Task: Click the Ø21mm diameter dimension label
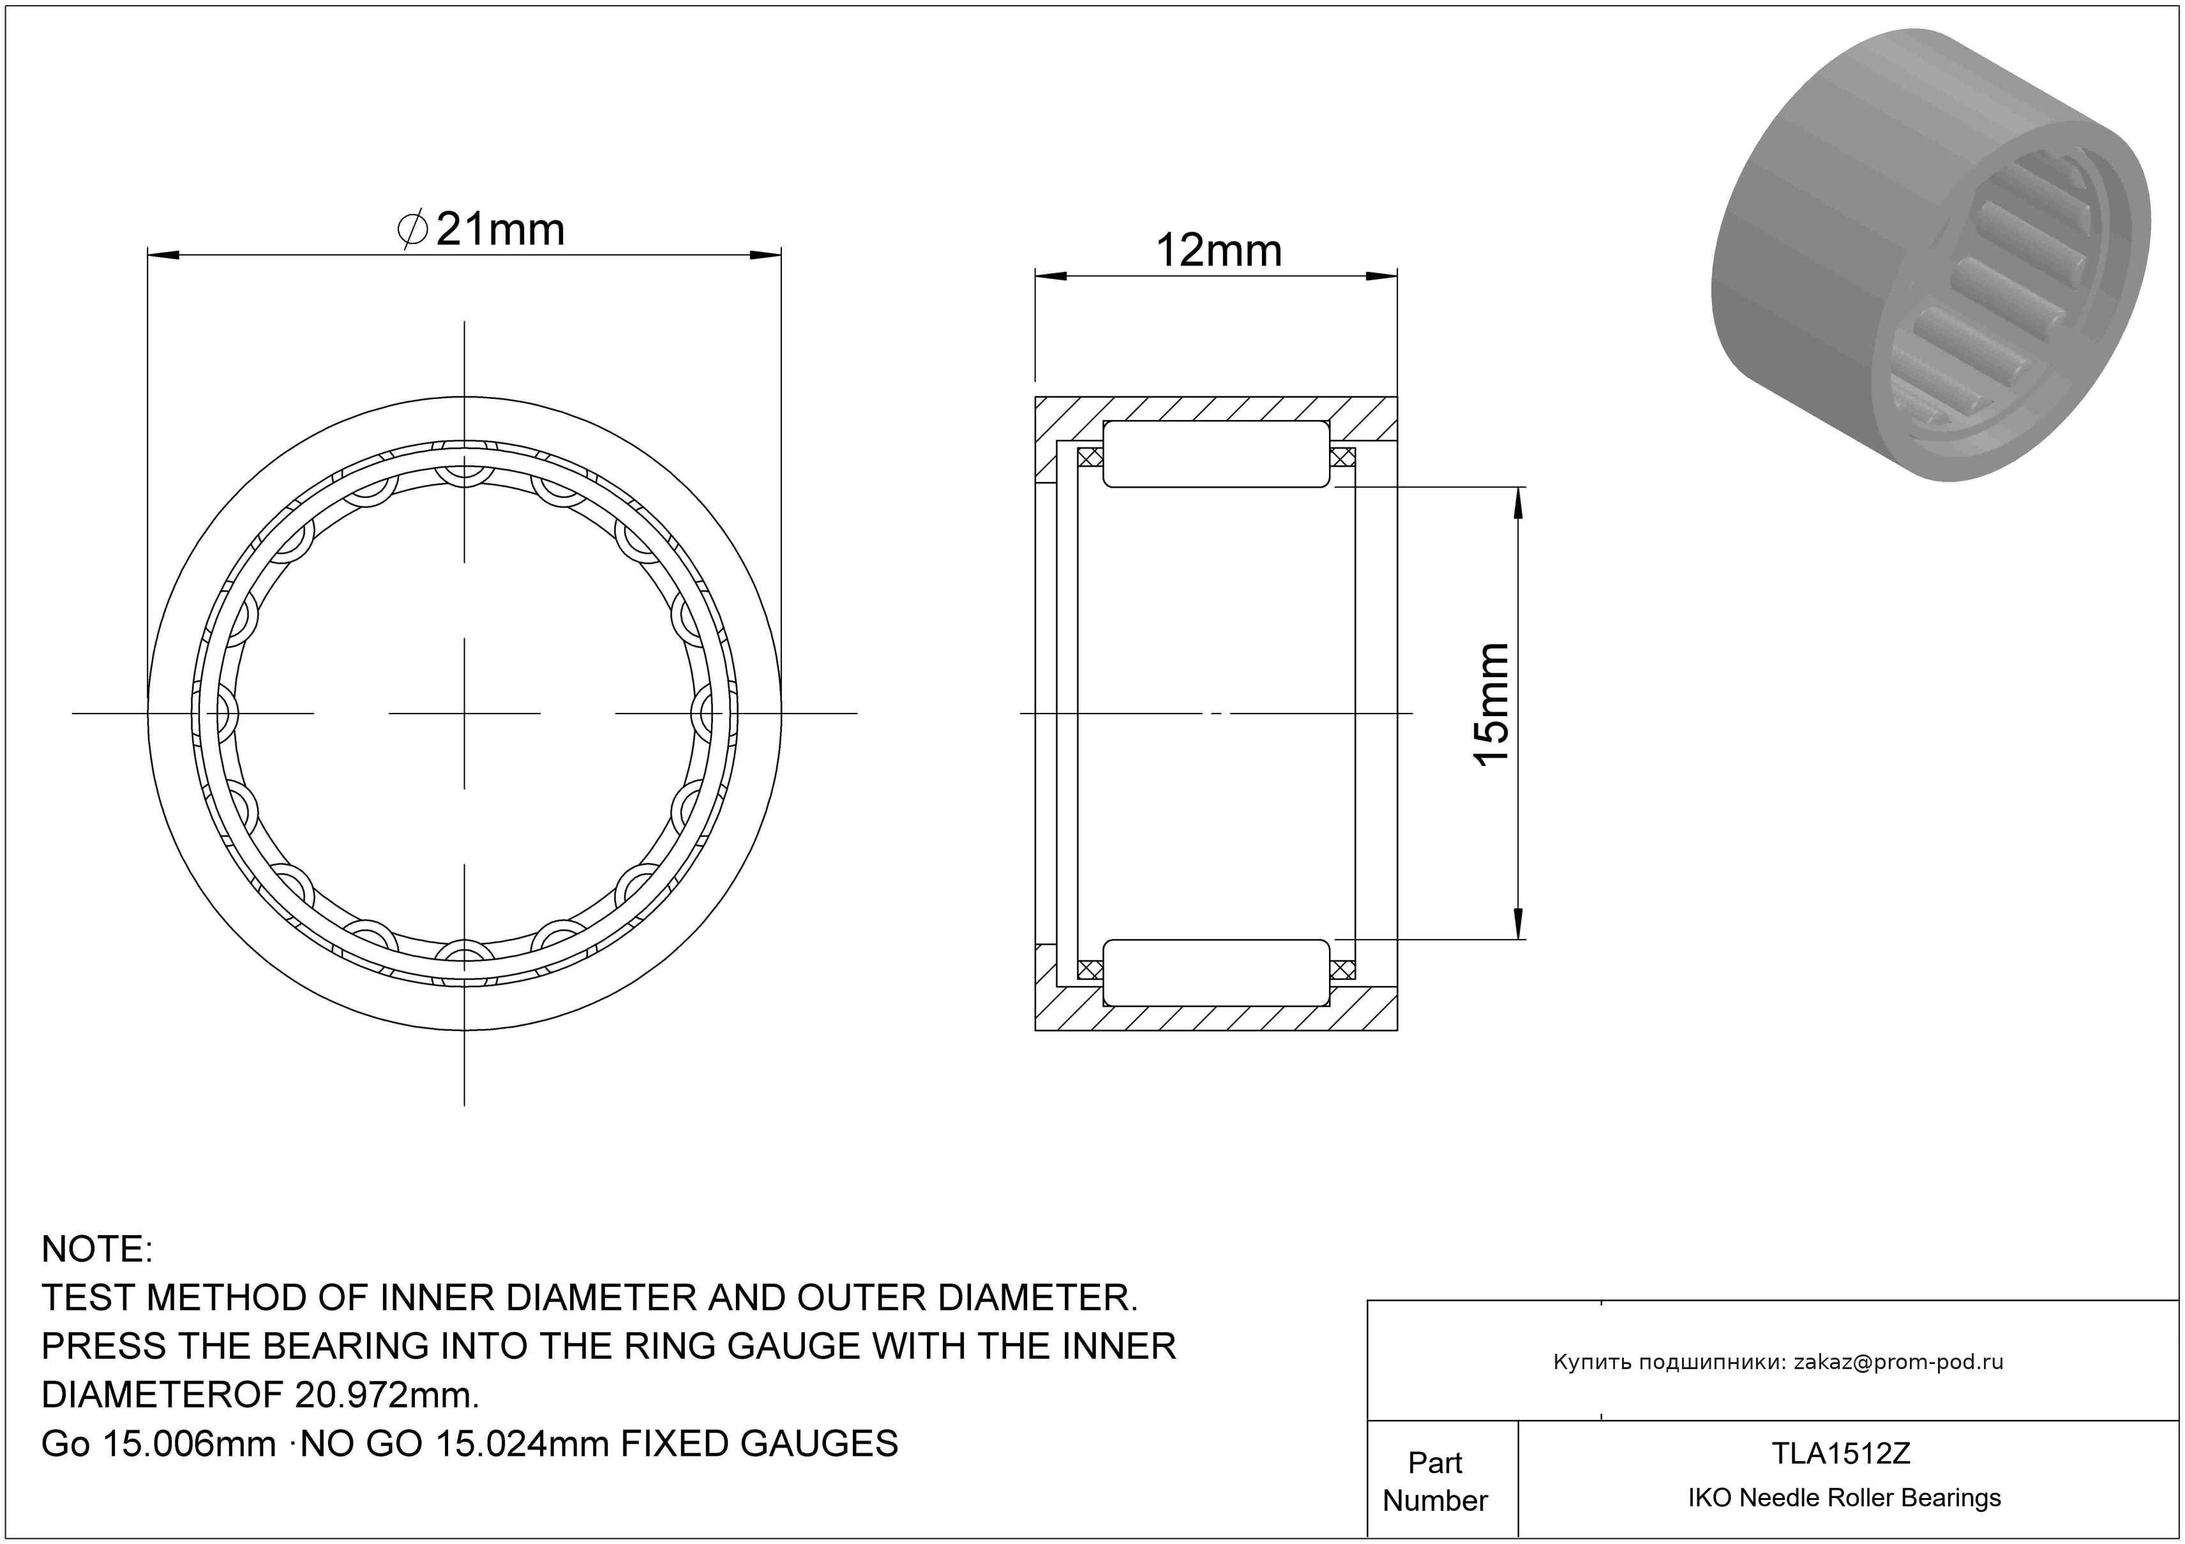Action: (x=481, y=229)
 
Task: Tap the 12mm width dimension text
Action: (x=1218, y=251)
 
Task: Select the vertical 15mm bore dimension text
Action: (x=1491, y=704)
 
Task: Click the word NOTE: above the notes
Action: (x=97, y=1249)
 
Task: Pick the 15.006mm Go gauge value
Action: (x=188, y=1444)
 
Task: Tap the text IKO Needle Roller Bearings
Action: (x=1844, y=1498)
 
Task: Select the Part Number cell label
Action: (x=1435, y=1481)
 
